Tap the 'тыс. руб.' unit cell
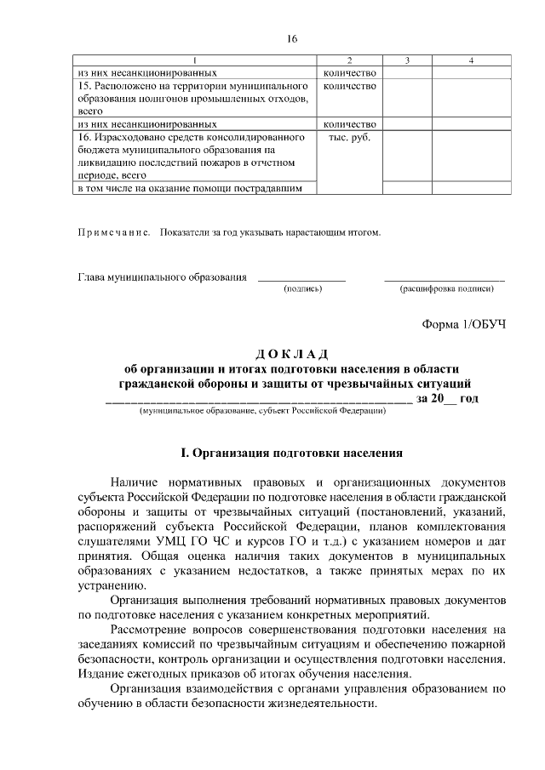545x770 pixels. pyautogui.click(x=350, y=137)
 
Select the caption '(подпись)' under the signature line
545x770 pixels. pyautogui.click(x=302, y=289)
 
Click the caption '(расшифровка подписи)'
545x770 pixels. pyautogui.click(x=446, y=289)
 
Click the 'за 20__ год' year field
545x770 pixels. pyautogui.click(x=448, y=398)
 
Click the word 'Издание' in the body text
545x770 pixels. pyautogui.click(x=100, y=674)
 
